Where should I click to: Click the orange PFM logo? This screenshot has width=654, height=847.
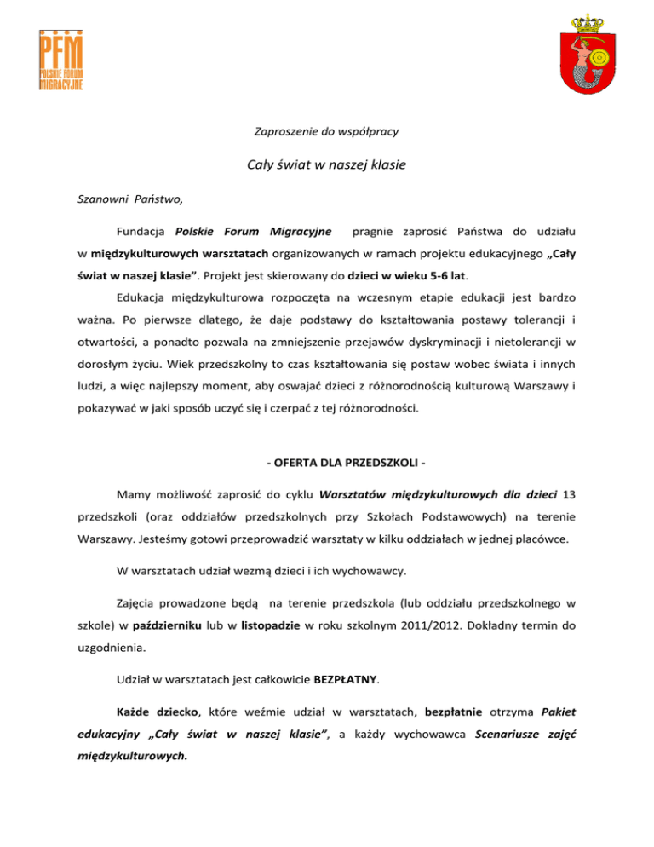(x=61, y=61)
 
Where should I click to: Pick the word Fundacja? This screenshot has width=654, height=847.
(x=142, y=231)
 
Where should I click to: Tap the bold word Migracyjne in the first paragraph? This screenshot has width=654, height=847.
(x=301, y=231)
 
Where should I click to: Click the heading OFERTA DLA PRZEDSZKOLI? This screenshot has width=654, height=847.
(x=327, y=464)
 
